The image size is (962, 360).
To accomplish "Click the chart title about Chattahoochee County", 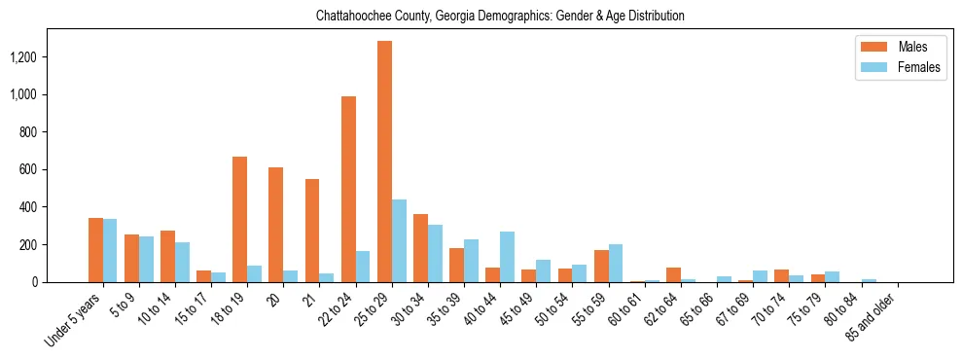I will (x=500, y=17).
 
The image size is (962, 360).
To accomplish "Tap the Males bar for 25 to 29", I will (x=384, y=162).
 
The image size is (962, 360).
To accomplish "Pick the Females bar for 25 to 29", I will (x=399, y=240).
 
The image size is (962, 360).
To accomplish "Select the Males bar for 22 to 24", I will (x=348, y=189).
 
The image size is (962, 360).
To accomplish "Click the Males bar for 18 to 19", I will (x=239, y=219).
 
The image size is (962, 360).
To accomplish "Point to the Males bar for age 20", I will (x=275, y=225).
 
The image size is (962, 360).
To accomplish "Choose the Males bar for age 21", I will (x=312, y=231).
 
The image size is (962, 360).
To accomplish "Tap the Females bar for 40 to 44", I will (x=507, y=257).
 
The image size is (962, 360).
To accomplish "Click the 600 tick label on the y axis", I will (x=27, y=169).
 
